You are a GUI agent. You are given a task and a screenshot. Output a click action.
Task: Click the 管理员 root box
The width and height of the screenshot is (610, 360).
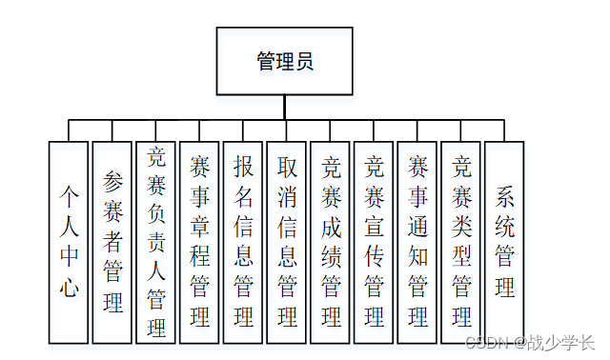pos(284,62)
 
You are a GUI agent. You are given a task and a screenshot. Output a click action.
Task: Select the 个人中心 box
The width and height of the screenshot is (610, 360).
pos(69,242)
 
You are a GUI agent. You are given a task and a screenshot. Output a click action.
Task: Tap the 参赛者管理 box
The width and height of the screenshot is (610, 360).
pos(112,242)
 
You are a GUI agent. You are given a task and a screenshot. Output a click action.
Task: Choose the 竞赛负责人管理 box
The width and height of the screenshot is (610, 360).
pos(156,242)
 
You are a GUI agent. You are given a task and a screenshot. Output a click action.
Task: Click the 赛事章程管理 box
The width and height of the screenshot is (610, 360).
pos(200,242)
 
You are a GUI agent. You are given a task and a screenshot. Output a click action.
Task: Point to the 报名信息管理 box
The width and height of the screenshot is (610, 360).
pos(244,242)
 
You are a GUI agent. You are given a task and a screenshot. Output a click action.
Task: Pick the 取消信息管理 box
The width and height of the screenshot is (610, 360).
pos(287,242)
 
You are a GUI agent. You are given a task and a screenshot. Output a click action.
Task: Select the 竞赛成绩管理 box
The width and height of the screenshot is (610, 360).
pos(331,242)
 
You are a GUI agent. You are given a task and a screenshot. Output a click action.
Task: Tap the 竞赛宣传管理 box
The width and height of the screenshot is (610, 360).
pos(375,242)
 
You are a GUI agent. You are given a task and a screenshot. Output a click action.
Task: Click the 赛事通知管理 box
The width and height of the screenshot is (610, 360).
pos(417,242)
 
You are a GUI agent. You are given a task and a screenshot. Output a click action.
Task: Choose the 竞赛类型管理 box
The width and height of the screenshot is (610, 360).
pos(461,242)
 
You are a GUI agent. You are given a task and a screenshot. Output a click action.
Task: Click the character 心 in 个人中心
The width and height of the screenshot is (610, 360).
pos(69,288)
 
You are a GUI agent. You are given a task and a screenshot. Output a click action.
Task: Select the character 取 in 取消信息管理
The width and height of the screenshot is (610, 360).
pos(287,167)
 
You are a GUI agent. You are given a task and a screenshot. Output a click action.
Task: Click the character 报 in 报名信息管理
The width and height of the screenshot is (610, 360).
pos(244,167)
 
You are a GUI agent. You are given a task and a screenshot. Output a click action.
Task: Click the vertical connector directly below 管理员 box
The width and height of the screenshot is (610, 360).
pos(284,108)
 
